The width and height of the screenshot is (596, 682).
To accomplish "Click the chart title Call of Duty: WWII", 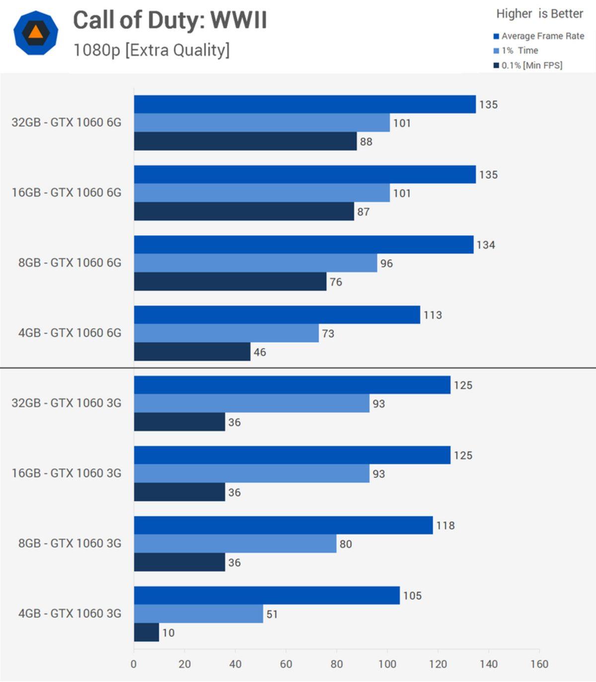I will pyautogui.click(x=170, y=20).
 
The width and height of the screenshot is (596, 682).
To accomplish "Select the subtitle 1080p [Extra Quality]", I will pyautogui.click(x=151, y=50).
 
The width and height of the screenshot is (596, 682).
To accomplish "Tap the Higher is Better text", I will pyautogui.click(x=539, y=14).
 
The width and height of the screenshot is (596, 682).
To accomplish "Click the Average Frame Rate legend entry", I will pyautogui.click(x=542, y=36).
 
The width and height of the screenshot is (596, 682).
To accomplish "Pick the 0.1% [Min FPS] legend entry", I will pyautogui.click(x=531, y=65).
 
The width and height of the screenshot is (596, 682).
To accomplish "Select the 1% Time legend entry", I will pyautogui.click(x=520, y=51).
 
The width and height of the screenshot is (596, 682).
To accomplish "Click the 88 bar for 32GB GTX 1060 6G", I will pyautogui.click(x=245, y=142).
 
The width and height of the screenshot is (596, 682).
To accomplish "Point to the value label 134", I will pyautogui.click(x=485, y=245).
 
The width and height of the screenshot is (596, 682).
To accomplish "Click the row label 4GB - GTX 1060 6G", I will pyautogui.click(x=70, y=333).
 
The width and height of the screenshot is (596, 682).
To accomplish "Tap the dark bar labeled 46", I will pyautogui.click(x=192, y=352).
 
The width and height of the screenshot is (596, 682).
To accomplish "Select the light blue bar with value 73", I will pyautogui.click(x=226, y=333).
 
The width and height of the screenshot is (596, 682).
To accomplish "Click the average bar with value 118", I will pyautogui.click(x=283, y=526).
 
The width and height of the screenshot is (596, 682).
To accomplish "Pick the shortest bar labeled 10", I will pyautogui.click(x=146, y=633).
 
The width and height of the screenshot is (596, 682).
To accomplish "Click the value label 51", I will pyautogui.click(x=272, y=614).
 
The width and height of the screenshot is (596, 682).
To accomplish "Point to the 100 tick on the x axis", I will pyautogui.click(x=387, y=664).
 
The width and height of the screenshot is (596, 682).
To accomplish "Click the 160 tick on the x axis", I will pyautogui.click(x=539, y=664).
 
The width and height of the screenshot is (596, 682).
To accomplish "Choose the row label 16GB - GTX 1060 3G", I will pyautogui.click(x=67, y=473).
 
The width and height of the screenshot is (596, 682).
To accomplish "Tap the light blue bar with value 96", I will pyautogui.click(x=255, y=263).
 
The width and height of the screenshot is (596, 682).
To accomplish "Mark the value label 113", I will pyautogui.click(x=432, y=315).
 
